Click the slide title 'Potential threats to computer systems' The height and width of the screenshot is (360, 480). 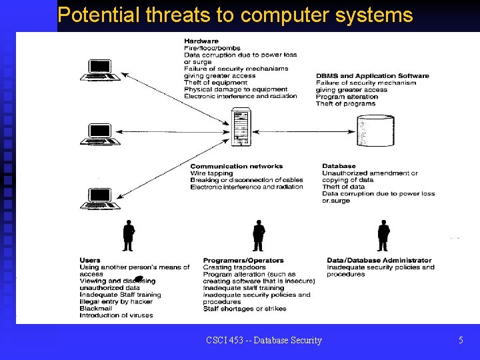(x=235, y=15)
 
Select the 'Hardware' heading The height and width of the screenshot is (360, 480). (x=201, y=41)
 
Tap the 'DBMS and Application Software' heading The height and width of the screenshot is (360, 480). (x=372, y=76)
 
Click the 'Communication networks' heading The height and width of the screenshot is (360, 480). (x=236, y=166)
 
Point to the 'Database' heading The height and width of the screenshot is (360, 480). (x=339, y=166)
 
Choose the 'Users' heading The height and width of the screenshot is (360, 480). (x=90, y=260)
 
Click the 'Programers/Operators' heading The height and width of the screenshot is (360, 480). (x=243, y=260)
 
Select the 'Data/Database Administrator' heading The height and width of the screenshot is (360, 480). (x=379, y=260)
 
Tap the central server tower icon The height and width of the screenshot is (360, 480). (x=240, y=127)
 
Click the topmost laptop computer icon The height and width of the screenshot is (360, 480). (x=100, y=71)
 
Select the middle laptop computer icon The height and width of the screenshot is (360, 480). (x=100, y=134)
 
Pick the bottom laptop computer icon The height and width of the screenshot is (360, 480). (x=100, y=199)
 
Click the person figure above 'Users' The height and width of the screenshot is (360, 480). (x=129, y=233)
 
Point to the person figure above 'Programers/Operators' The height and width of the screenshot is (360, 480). (x=259, y=234)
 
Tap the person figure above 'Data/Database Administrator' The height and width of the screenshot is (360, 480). (x=383, y=233)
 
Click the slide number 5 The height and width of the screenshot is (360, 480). (x=461, y=341)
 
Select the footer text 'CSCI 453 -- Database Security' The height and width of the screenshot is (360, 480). (x=264, y=341)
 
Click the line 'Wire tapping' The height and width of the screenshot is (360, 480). (x=211, y=173)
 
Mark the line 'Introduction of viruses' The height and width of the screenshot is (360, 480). (x=116, y=315)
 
